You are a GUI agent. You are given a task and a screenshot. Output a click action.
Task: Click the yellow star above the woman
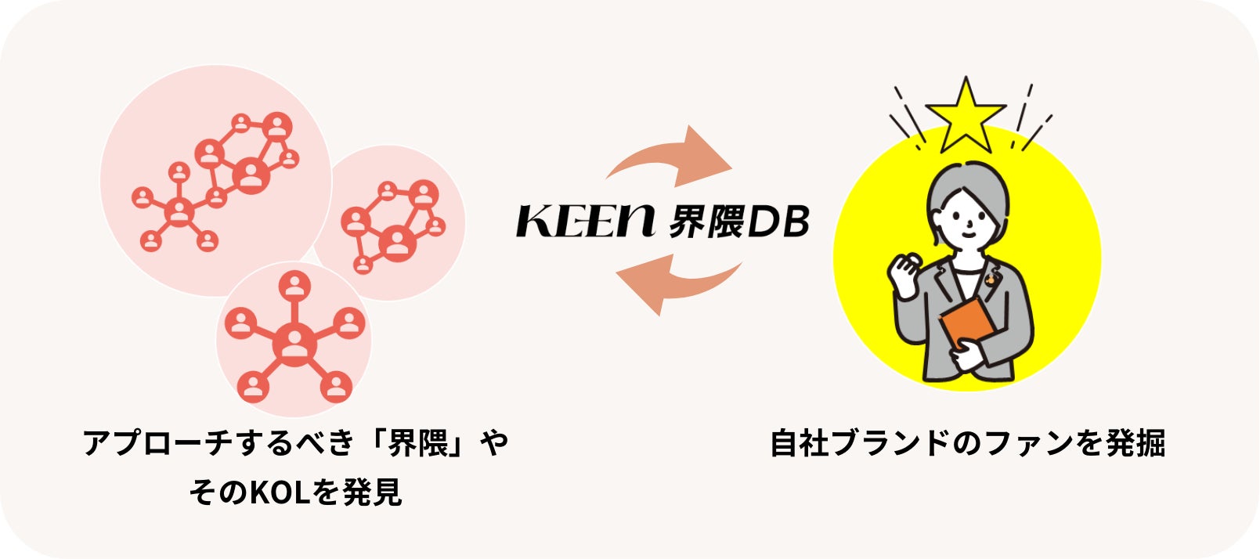tap(966, 116)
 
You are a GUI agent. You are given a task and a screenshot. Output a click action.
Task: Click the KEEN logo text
tap(584, 222)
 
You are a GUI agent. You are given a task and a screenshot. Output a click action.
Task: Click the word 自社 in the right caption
tap(800, 443)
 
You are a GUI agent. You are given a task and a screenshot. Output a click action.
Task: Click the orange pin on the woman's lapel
tap(992, 276)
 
